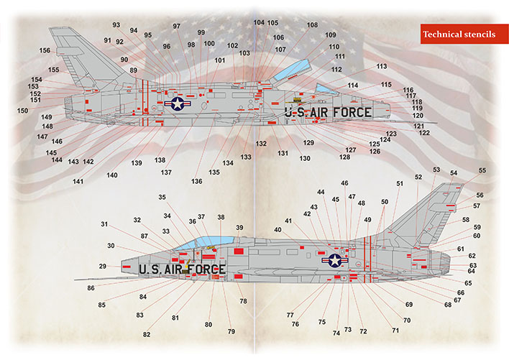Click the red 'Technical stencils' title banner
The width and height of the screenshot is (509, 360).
click(464, 34)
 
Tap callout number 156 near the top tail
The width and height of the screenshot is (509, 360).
click(45, 50)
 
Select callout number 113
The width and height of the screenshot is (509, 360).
click(382, 67)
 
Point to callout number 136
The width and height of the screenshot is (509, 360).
click(197, 181)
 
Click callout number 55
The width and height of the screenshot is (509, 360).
click(482, 170)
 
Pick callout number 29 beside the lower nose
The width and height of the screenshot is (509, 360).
click(103, 267)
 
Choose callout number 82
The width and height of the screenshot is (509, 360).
click(147, 334)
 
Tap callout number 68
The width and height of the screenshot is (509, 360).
click(448, 305)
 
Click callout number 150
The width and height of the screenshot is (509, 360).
click(23, 111)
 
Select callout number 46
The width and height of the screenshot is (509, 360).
click(344, 183)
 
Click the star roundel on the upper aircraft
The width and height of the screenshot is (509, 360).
click(178, 103)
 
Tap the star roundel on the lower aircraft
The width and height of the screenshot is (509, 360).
click(335, 260)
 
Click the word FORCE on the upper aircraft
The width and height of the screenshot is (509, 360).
click(352, 113)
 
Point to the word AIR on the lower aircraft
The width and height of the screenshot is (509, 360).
click(175, 269)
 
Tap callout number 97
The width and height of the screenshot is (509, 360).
click(176, 27)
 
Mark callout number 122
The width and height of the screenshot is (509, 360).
click(424, 133)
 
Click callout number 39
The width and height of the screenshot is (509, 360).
click(239, 228)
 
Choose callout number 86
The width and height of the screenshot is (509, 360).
click(91, 288)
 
